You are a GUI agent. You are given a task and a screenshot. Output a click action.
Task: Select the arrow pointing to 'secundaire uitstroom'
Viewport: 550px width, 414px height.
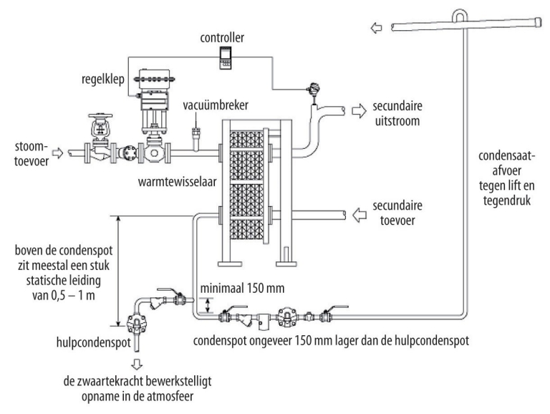click(x=358, y=112)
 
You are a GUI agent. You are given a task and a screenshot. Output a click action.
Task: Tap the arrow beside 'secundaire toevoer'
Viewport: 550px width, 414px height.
click(x=358, y=213)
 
